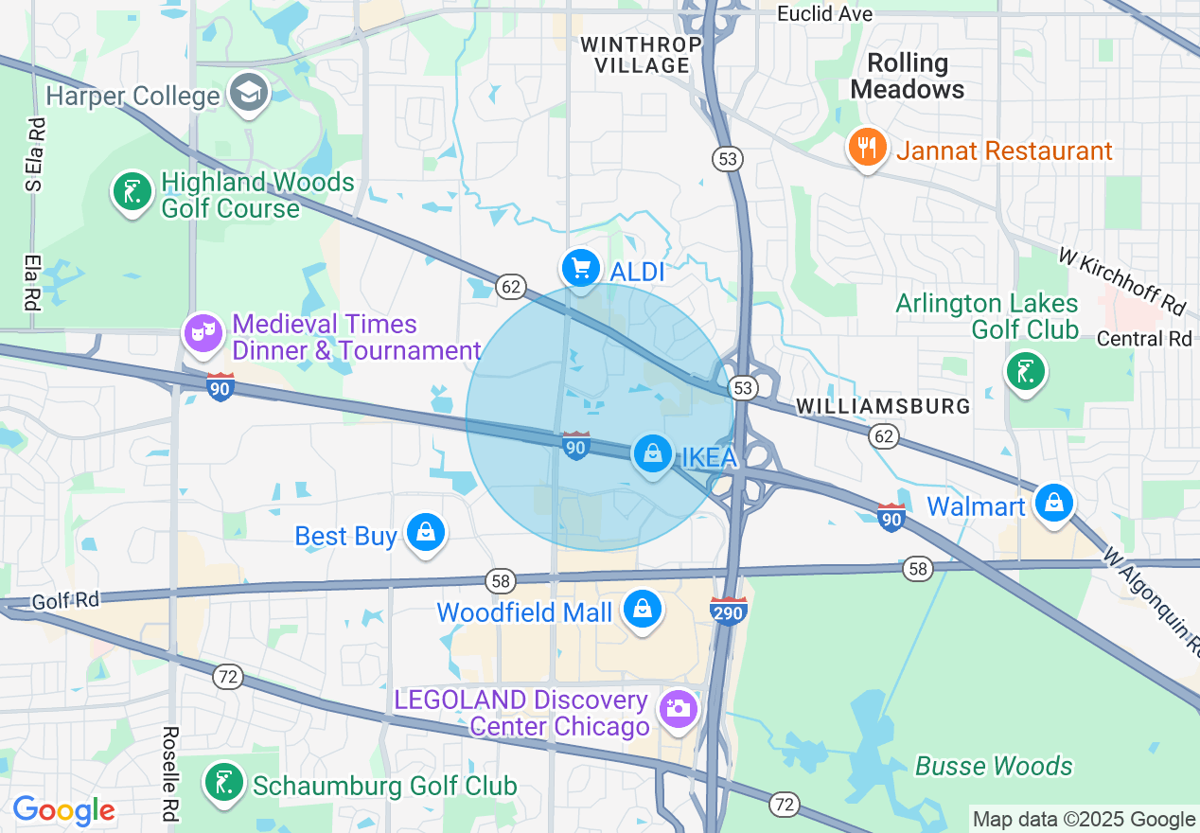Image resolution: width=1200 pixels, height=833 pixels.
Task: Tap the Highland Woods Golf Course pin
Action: tap(132, 192)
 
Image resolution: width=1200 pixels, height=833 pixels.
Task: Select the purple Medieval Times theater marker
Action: tap(203, 333)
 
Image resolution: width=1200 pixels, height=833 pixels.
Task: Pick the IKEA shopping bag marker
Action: tap(652, 454)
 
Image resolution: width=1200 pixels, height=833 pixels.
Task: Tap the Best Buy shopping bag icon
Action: tap(426, 533)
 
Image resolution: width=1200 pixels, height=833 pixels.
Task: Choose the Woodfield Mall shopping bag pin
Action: tap(643, 610)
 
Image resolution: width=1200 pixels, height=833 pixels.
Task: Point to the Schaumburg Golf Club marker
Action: tap(222, 784)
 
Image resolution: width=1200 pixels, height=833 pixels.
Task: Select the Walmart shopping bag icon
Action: tap(1053, 503)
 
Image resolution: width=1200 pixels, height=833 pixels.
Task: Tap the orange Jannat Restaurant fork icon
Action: tap(866, 148)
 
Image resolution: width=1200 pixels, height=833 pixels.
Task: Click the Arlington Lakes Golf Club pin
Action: tap(1025, 371)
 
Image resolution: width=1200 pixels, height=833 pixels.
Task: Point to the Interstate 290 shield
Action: tap(729, 611)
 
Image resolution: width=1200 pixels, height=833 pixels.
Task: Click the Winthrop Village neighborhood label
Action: tap(641, 55)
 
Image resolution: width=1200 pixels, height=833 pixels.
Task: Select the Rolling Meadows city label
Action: tap(908, 76)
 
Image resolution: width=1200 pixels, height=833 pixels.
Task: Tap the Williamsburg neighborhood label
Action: tap(883, 406)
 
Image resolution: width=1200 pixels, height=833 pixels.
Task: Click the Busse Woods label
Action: tap(994, 766)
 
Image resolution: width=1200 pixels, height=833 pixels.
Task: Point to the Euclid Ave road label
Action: tap(824, 13)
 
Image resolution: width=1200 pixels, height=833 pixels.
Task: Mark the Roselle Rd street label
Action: tap(171, 772)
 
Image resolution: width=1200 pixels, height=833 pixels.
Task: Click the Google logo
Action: tap(63, 810)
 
